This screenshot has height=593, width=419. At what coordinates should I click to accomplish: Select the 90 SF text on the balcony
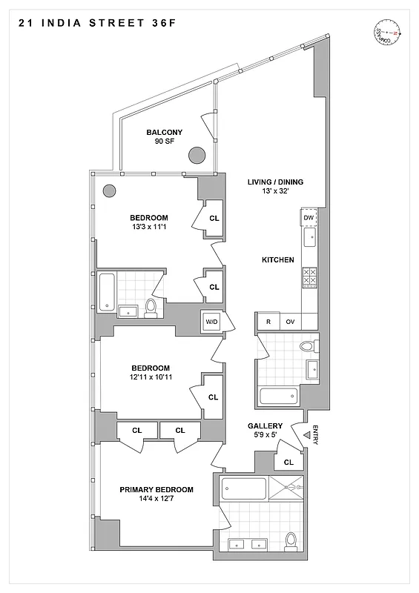(164, 141)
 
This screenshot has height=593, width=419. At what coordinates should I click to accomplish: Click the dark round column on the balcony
(197, 156)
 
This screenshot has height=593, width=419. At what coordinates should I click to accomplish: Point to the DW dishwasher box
(309, 217)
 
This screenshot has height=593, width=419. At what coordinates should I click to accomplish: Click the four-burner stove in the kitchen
(309, 276)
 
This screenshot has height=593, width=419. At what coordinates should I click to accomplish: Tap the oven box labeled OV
(291, 322)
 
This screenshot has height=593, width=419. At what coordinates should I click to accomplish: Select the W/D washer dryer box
(211, 322)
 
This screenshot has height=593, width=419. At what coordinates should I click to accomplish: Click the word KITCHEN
(278, 260)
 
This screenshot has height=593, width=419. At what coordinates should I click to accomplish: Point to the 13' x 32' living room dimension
(274, 191)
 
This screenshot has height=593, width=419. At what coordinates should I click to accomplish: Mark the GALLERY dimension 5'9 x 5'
(265, 436)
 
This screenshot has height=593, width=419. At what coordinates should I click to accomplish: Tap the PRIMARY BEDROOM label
(156, 490)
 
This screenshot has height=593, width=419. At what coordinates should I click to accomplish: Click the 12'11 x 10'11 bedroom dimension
(151, 378)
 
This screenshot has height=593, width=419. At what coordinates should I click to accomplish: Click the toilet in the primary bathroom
(291, 540)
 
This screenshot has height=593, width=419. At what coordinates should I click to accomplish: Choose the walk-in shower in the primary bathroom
(286, 489)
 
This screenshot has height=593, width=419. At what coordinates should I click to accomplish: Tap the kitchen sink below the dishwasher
(309, 238)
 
